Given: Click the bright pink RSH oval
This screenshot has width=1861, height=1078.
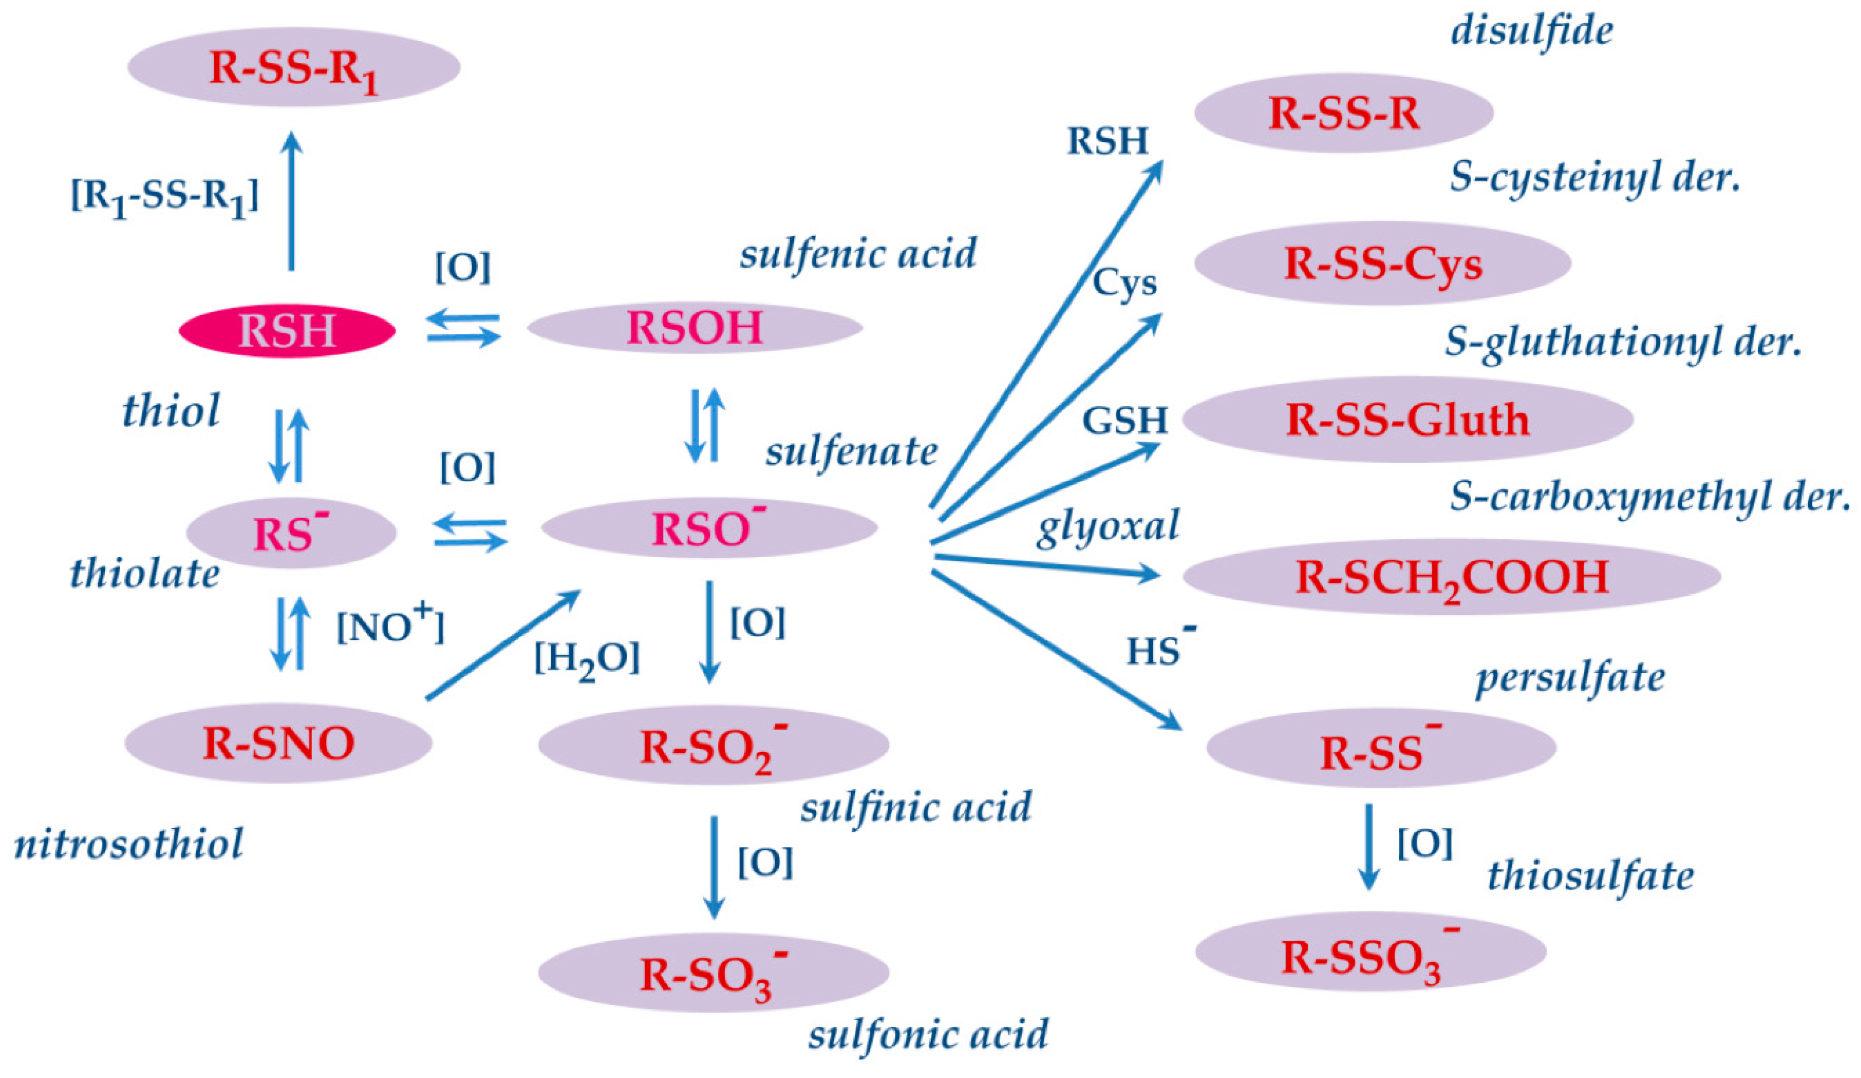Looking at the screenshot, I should (x=287, y=331).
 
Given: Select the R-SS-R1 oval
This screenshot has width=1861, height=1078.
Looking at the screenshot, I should (x=293, y=68).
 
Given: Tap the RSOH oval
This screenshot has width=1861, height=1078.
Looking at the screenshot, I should (x=694, y=327).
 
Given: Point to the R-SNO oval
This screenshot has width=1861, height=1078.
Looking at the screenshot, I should (x=278, y=743).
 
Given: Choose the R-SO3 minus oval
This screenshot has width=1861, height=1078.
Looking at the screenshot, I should (x=713, y=973).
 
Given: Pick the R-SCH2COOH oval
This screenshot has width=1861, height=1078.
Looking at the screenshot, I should (x=1451, y=576).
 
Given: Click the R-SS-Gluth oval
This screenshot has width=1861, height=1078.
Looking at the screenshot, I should (x=1407, y=419).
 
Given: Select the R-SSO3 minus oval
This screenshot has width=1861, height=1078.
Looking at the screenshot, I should (x=1370, y=952).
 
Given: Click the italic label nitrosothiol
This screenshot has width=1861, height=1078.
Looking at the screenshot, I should (x=129, y=844).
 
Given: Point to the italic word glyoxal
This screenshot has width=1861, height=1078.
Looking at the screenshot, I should (x=1108, y=526).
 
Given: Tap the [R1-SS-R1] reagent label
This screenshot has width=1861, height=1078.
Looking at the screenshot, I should (x=164, y=197).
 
